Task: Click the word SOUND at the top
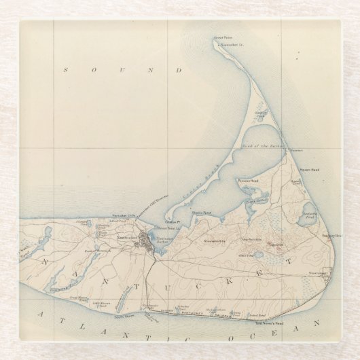pos(122,70)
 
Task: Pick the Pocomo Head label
pos(246,181)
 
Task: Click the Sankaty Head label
pos(331,236)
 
